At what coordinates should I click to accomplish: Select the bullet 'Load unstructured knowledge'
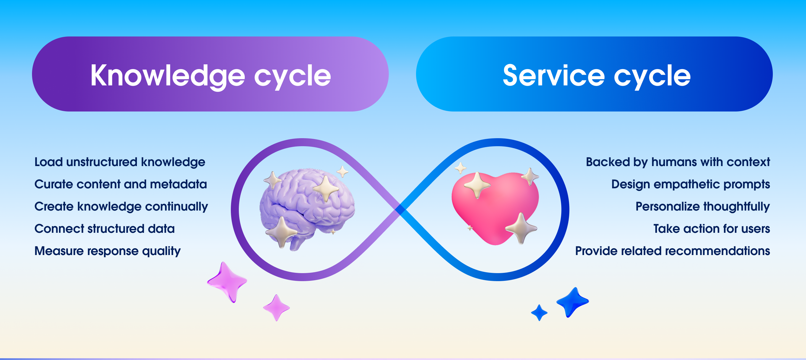(120, 162)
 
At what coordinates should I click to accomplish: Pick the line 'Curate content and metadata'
(121, 184)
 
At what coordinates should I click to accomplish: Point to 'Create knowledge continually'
(121, 207)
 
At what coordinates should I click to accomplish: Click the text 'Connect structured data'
(105, 229)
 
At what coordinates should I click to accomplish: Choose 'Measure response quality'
(108, 251)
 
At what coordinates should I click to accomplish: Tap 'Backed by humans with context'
(678, 162)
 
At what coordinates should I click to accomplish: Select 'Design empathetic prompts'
(691, 185)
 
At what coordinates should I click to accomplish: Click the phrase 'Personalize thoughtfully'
(703, 207)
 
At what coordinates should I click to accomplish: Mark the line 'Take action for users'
(712, 229)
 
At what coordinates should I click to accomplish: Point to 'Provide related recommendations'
(673, 251)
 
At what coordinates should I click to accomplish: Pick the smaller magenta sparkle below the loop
(276, 308)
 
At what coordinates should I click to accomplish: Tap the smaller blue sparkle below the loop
(539, 313)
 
